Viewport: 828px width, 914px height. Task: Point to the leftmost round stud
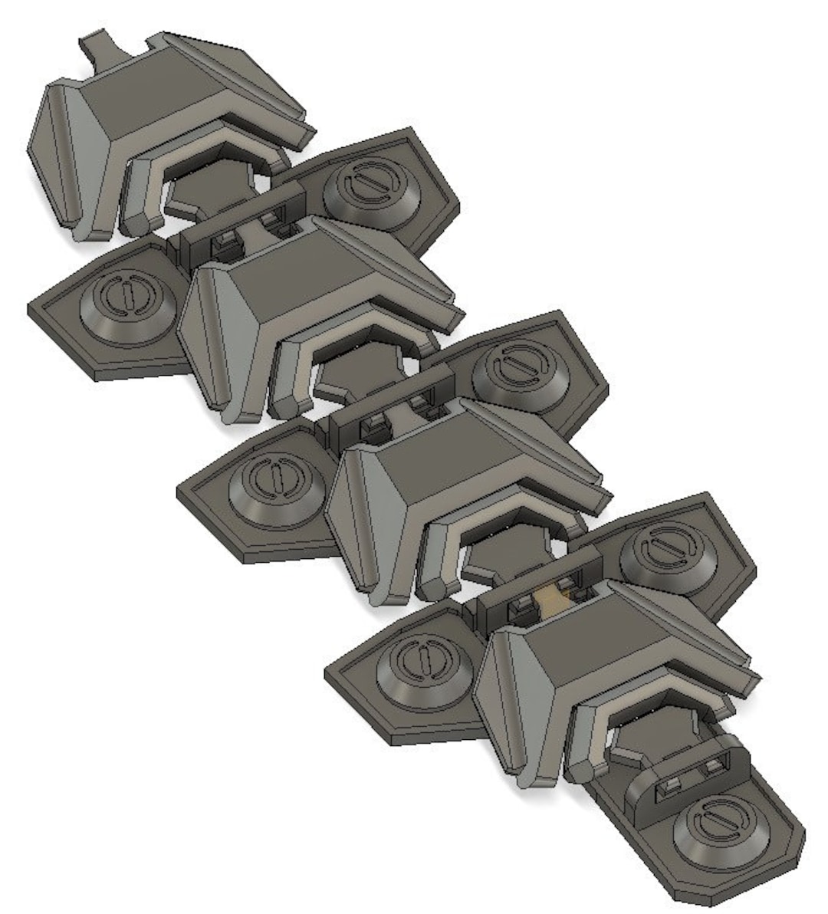[x=126, y=303]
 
